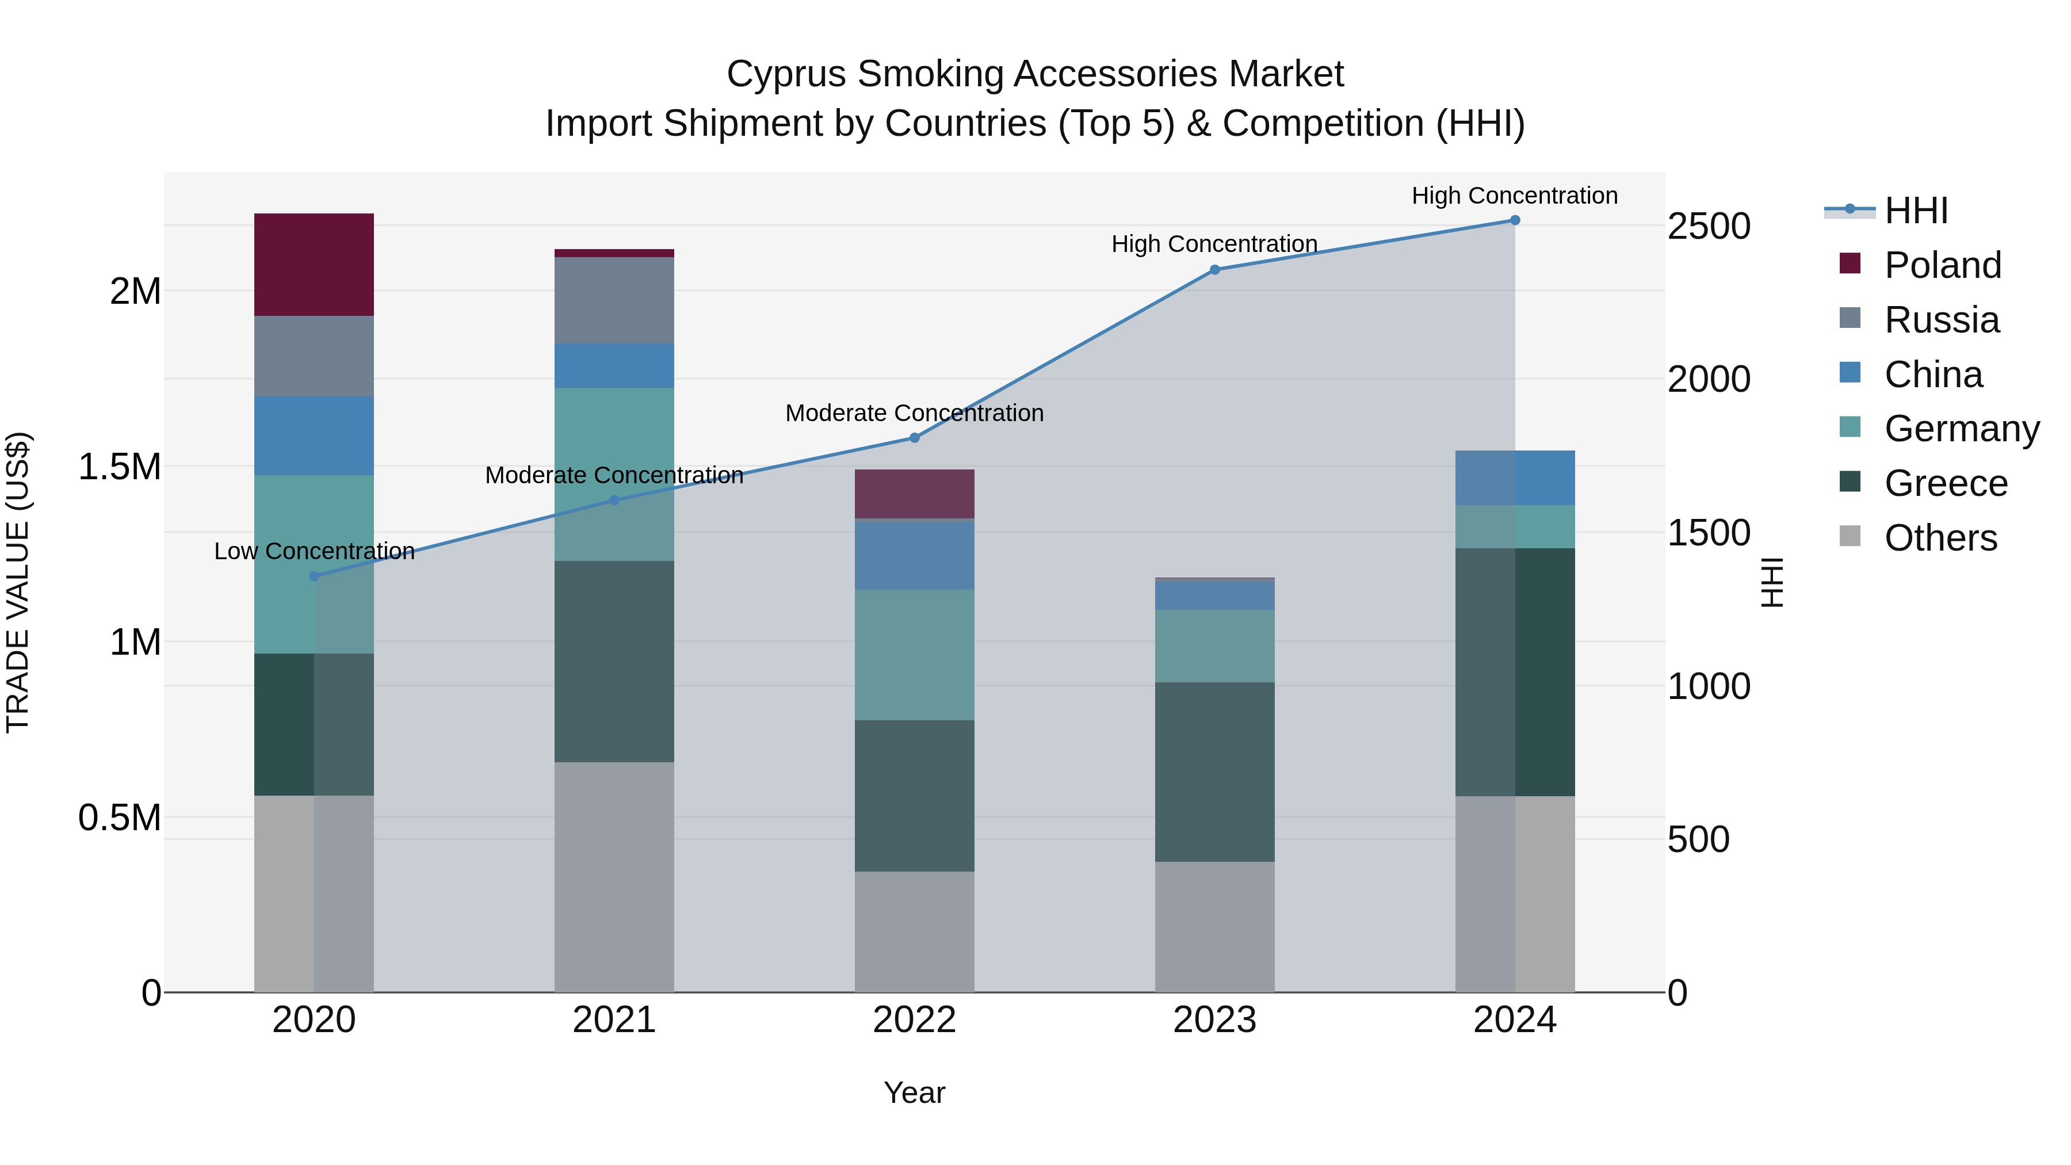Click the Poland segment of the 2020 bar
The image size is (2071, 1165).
coord(314,265)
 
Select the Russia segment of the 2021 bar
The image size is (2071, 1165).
coord(614,301)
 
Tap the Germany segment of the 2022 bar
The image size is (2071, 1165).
coord(914,655)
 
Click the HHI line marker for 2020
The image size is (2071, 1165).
coord(314,576)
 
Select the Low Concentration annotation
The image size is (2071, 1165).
coord(314,552)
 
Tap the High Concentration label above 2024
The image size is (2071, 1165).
coord(1514,196)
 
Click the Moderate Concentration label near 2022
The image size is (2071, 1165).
coord(914,413)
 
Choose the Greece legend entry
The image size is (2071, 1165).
coord(1945,483)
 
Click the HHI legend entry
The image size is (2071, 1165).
coord(1915,211)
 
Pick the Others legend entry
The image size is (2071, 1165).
coord(1940,538)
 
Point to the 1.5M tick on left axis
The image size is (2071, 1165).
coord(119,467)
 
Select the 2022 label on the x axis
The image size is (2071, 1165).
coord(914,1020)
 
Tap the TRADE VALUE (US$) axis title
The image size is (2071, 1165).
coord(18,582)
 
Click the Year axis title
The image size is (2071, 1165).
coord(914,1093)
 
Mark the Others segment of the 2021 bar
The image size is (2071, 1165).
coord(614,876)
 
